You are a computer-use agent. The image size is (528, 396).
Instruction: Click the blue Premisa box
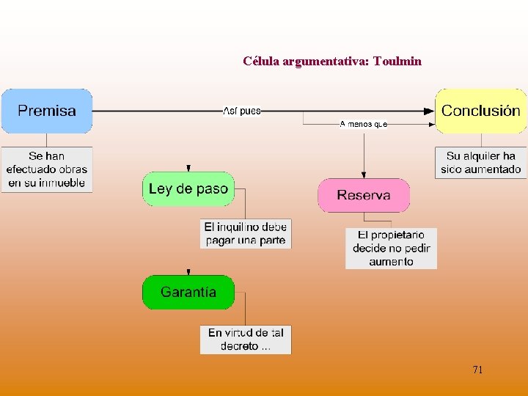click(46, 111)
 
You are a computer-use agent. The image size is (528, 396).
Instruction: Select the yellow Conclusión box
click(480, 111)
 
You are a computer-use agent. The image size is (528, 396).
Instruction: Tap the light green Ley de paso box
click(188, 188)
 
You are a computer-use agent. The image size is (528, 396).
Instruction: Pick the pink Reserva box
click(363, 195)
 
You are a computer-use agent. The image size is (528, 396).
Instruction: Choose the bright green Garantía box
click(188, 292)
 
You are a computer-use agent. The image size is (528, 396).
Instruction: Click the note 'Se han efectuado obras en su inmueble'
click(46, 169)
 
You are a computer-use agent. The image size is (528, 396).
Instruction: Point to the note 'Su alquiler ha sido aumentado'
click(480, 162)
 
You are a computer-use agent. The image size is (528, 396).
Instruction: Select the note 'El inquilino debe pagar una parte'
click(246, 233)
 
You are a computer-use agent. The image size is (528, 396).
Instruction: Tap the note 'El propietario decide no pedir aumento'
click(391, 248)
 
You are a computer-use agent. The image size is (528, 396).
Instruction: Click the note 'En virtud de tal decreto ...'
click(246, 339)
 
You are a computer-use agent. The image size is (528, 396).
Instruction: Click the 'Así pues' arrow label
click(242, 111)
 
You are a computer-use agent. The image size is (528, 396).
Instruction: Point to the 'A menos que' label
click(363, 124)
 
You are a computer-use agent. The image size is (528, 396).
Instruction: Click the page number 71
click(477, 370)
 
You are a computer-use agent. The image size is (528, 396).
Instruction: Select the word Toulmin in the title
click(397, 61)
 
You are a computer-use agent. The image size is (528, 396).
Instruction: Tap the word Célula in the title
click(259, 61)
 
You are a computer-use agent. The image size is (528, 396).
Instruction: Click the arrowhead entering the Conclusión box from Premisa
click(430, 111)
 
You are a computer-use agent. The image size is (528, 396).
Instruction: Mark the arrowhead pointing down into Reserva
click(364, 175)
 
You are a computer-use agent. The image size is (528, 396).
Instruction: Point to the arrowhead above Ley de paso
click(188, 169)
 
